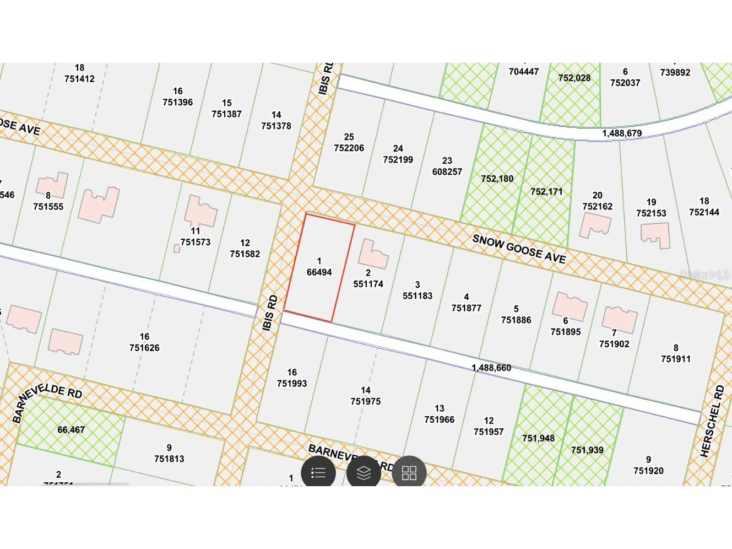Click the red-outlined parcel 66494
[319, 267]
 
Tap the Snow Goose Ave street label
[519, 249]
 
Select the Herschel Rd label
[713, 422]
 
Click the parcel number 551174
[368, 284]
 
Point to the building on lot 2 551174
[372, 254]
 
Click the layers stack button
[364, 473]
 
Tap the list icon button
[318, 473]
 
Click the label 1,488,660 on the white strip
[491, 368]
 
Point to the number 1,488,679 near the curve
[621, 133]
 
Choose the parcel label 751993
[292, 384]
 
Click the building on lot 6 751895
[570, 306]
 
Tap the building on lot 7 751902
[619, 319]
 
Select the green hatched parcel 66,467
[71, 430]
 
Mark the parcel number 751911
[675, 359]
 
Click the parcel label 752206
[349, 148]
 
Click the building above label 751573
[200, 211]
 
